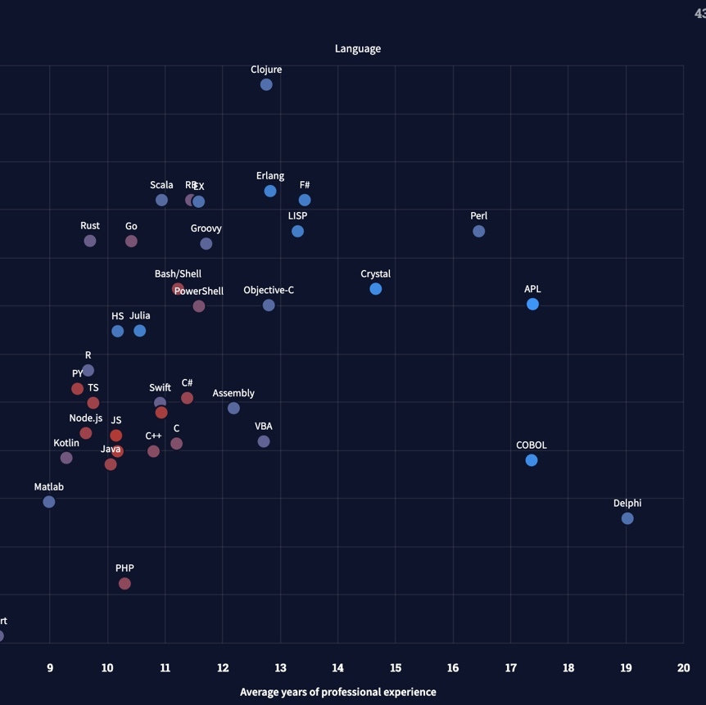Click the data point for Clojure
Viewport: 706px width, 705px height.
coord(266,84)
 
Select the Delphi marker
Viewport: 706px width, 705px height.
coord(627,518)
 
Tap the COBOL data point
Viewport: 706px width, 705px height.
coord(532,460)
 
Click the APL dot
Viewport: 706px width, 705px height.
coord(532,304)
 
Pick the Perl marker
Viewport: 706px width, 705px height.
coord(479,231)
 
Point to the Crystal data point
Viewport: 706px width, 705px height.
coord(376,288)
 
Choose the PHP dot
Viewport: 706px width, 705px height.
coord(124,584)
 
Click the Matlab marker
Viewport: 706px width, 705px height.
coord(49,502)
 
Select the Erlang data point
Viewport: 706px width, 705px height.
coord(270,191)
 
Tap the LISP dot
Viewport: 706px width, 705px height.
coord(297,231)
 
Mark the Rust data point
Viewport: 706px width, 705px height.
coord(90,241)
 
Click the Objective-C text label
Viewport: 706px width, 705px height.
coord(269,290)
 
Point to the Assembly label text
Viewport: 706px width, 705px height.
coord(233,393)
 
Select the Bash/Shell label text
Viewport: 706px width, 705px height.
coord(178,273)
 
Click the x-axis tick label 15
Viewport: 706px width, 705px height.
coord(396,668)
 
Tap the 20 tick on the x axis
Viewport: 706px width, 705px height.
coord(683,668)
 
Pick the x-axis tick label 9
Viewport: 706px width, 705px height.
coord(50,668)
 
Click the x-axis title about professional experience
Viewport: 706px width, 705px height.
coord(337,692)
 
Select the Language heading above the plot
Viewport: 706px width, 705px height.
coord(358,48)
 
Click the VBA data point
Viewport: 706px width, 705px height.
coord(264,441)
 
